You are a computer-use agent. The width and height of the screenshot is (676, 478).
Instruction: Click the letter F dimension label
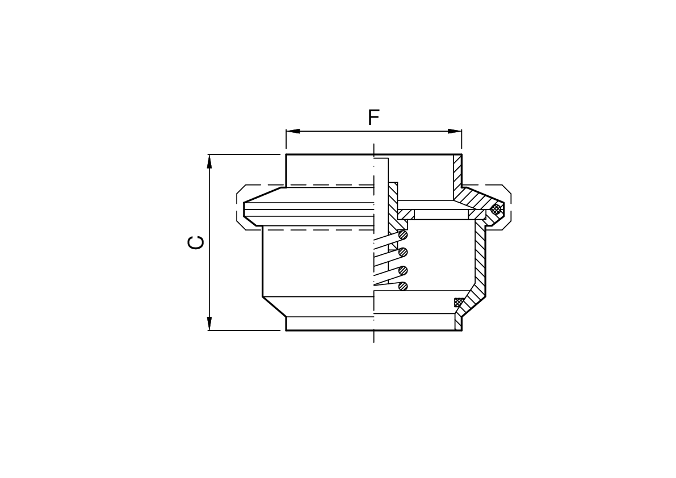[x=373, y=118]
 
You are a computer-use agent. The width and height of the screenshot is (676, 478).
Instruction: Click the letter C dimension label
[x=196, y=242]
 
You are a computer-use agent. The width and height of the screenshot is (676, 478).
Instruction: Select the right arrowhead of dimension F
[x=455, y=132]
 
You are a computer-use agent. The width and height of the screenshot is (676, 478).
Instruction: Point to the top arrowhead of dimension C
[x=209, y=162]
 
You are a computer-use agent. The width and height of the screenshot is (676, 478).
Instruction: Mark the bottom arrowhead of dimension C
[x=209, y=323]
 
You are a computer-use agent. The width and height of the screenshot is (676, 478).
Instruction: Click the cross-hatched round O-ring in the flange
[x=496, y=209]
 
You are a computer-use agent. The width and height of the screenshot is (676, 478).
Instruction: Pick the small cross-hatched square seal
[x=459, y=302]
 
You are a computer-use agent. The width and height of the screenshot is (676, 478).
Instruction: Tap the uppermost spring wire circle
[x=403, y=235]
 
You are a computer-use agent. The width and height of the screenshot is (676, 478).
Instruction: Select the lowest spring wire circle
[x=403, y=286]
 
